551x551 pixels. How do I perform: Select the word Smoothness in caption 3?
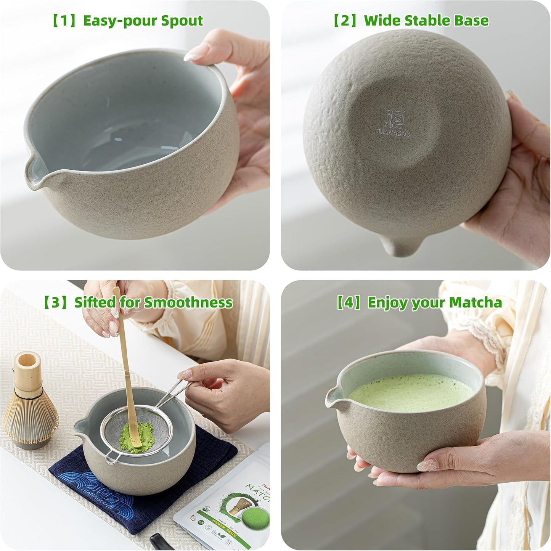[x=188, y=302]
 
